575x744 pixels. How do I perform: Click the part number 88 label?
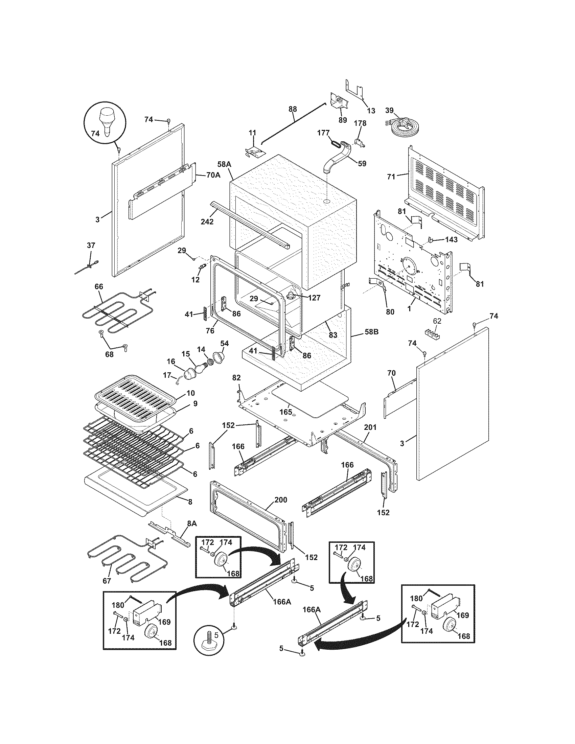pyautogui.click(x=292, y=109)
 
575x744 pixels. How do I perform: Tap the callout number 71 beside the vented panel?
pyautogui.click(x=391, y=177)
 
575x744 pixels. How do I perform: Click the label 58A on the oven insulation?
pyautogui.click(x=224, y=164)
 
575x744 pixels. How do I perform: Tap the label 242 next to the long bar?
pyautogui.click(x=207, y=222)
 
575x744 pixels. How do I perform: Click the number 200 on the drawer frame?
pyautogui.click(x=280, y=500)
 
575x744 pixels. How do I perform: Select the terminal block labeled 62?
pyautogui.click(x=432, y=332)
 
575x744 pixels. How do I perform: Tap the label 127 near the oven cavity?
pyautogui.click(x=314, y=298)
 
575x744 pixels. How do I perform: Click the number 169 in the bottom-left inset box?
pyautogui.click(x=164, y=622)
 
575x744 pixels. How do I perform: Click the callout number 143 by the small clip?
pyautogui.click(x=451, y=239)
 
